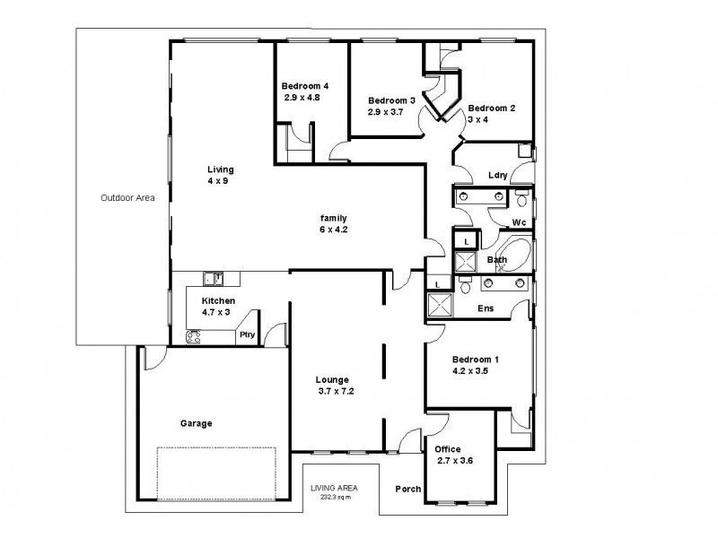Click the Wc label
pos(518,221)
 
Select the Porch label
pos(408,490)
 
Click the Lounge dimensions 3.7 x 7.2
pos(337,391)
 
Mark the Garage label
pos(196,423)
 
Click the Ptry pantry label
pos(245,335)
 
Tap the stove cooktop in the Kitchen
pos(193,337)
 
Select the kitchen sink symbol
pos(212,278)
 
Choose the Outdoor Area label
pos(127,198)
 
